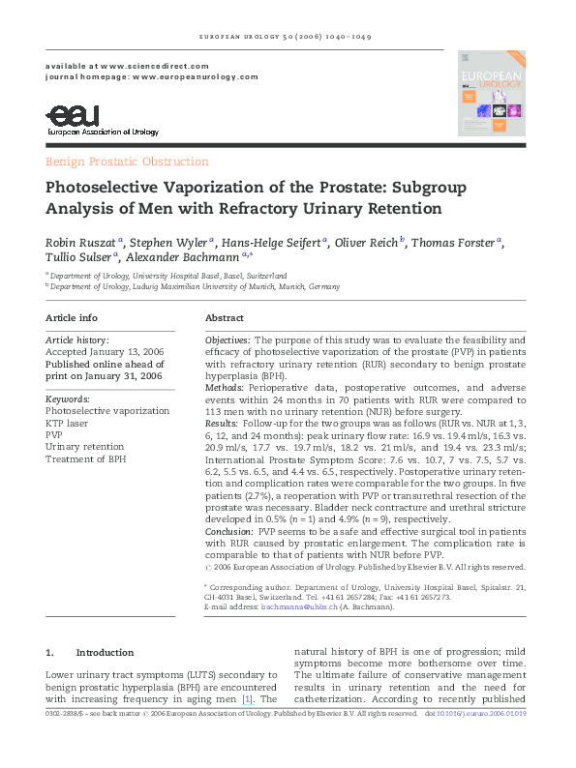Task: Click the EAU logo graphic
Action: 73,116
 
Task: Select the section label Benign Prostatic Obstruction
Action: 127,162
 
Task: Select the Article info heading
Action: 72,318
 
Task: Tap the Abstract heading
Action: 226,318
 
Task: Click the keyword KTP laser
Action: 68,424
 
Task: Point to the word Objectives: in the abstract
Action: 228,340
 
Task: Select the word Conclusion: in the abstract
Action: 231,532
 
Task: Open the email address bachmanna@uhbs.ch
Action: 288,606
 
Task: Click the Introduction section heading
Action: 104,652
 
